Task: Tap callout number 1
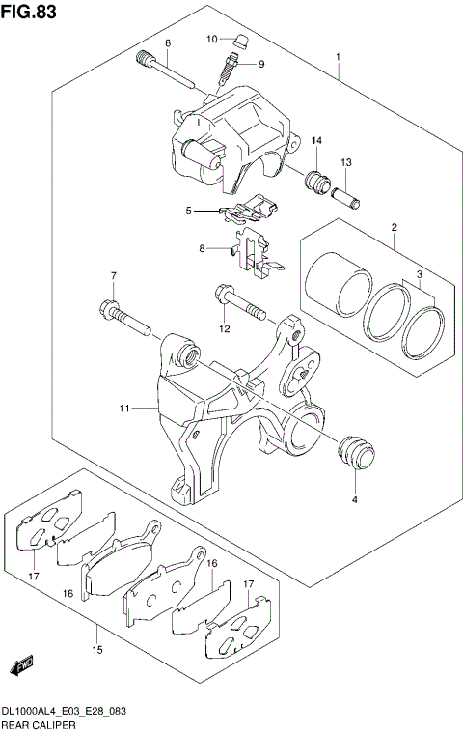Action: (x=339, y=58)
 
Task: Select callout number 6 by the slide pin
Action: (x=167, y=43)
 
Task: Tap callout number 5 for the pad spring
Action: (x=190, y=210)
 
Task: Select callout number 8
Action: (x=202, y=248)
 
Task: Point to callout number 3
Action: (x=420, y=276)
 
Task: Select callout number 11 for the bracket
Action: (x=124, y=409)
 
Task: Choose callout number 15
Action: (x=97, y=650)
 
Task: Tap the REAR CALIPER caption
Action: (x=37, y=724)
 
